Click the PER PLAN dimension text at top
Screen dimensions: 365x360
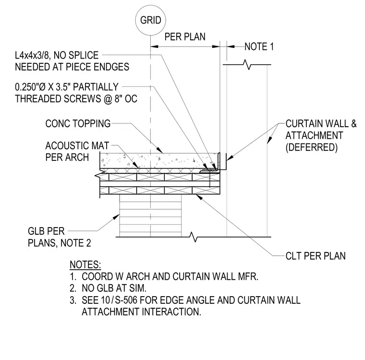click(185, 37)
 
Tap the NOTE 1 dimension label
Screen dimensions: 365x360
click(259, 47)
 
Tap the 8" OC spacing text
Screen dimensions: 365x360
click(126, 99)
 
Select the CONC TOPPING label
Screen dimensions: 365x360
click(78, 123)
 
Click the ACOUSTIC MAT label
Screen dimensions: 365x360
click(77, 145)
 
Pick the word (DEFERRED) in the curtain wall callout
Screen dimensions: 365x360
click(312, 147)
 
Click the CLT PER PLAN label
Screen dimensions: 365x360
click(316, 256)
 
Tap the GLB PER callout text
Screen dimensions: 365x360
click(46, 231)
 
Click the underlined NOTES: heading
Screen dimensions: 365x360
click(85, 265)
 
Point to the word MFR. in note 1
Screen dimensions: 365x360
click(248, 276)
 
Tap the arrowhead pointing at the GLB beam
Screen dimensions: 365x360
click(117, 217)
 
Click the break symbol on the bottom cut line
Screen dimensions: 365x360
click(194, 237)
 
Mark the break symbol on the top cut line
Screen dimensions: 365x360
click(247, 64)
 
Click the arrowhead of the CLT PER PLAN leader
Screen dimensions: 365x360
click(199, 197)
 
